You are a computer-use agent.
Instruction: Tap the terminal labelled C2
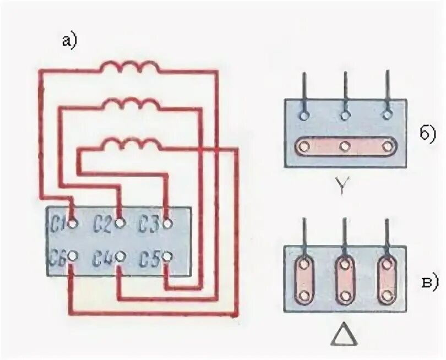(x=120, y=223)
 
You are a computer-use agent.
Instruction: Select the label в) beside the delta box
(x=428, y=282)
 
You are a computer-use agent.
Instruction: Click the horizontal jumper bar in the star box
(x=345, y=146)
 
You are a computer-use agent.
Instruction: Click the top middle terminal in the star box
(x=345, y=115)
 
